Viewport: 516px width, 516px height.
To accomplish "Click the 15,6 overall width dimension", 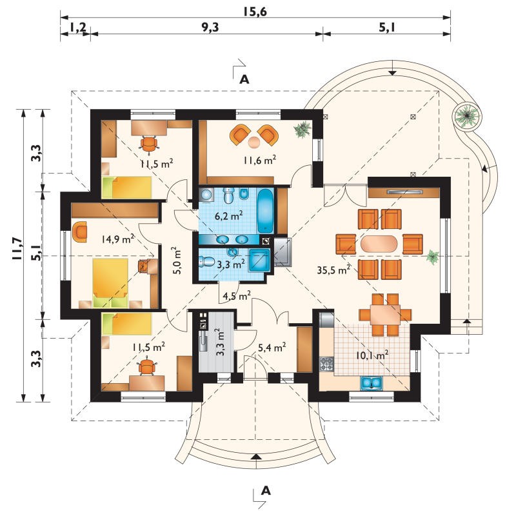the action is pos(255,12).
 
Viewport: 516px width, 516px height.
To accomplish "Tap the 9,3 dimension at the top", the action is pos(210,28).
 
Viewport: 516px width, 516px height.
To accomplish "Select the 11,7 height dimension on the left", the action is pos(17,248).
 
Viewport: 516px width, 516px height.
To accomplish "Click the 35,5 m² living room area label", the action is pos(333,270).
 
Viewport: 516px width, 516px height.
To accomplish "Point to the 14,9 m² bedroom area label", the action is pos(117,239).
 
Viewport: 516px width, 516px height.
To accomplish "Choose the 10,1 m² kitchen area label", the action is pos(372,355).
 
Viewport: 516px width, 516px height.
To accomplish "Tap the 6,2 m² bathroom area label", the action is pos(229,216).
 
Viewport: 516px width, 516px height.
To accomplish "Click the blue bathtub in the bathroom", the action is pos(265,211).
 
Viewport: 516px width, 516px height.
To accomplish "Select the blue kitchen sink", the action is pos(372,383).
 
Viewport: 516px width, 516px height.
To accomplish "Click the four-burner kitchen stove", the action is pos(327,364).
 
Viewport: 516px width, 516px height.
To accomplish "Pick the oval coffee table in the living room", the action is pos(379,244).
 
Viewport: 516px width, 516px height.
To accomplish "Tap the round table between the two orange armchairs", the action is pos(253,142).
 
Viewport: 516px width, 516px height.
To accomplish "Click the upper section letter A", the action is pos(244,79).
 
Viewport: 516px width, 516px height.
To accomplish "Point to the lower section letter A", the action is pos(266,491).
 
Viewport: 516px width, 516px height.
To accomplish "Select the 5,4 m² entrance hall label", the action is pos(272,348).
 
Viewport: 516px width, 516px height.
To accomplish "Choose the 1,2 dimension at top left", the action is pos(77,28).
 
